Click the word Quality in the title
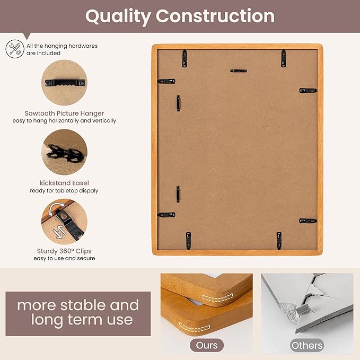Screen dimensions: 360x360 118,16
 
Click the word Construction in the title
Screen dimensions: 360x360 215,16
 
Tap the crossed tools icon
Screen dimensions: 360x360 15,49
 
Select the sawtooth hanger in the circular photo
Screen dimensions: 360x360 65,83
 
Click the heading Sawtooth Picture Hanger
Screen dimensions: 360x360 64,113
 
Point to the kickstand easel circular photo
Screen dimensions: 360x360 64,152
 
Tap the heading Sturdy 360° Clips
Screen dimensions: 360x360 64,251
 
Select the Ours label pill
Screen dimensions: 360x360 207,345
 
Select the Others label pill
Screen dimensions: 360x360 307,345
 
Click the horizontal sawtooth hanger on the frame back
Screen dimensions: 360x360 239,71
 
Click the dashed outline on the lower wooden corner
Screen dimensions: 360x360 195,328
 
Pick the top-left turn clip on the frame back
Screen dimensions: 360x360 185,58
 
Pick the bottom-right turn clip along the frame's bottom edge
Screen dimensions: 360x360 279,240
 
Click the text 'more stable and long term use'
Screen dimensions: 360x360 78,312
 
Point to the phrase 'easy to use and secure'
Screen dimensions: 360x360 64,259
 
